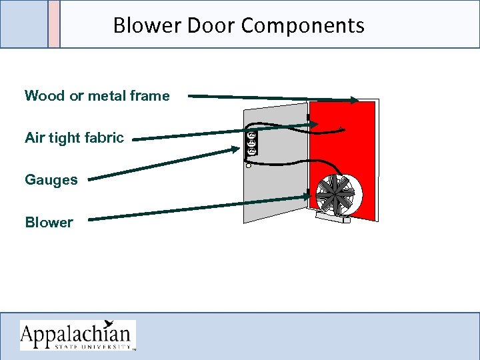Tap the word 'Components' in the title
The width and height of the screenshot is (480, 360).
coord(303,25)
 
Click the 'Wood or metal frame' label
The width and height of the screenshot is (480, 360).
coord(97,96)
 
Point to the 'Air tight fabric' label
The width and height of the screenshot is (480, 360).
coord(74,138)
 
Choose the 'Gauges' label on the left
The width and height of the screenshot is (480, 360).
coord(51,180)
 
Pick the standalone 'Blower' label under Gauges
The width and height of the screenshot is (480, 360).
coord(49,222)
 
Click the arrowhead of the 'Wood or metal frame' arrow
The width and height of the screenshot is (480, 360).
coord(354,101)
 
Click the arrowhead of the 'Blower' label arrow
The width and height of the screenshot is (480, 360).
coord(308,196)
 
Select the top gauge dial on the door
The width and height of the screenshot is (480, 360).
coord(251,135)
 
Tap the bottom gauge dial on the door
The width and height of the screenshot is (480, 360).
coord(252,151)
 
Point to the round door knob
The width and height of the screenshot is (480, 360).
coord(249,164)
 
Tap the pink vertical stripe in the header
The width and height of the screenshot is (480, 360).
coord(54,24)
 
